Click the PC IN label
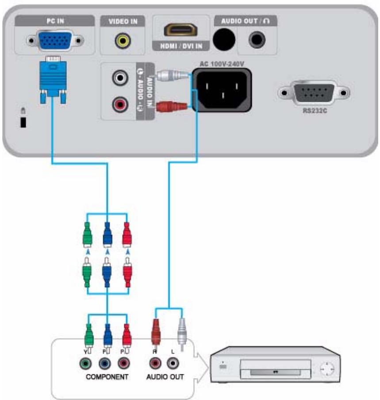(x=54, y=21)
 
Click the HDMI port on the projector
(x=180, y=30)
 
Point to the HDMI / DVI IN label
(x=180, y=46)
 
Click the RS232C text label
(x=314, y=111)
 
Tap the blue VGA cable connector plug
(x=54, y=78)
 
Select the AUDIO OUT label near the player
(x=165, y=377)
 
